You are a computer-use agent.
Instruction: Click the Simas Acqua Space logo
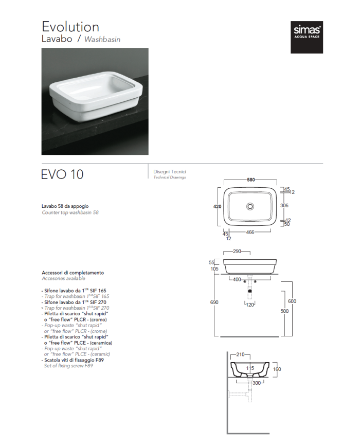307,37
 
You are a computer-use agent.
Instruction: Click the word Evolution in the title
70,27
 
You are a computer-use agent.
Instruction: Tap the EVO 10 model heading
62,174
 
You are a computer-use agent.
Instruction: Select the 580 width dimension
251,180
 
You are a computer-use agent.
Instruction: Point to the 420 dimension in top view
217,206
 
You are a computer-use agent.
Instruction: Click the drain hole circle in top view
250,206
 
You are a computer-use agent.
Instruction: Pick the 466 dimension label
250,232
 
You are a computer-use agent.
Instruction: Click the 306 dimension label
284,205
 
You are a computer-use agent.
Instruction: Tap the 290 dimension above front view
237,251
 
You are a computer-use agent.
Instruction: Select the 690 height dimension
214,302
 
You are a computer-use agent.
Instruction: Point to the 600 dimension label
292,301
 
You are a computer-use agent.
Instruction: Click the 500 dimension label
284,311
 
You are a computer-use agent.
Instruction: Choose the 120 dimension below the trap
250,305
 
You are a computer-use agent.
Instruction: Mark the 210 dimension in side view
240,354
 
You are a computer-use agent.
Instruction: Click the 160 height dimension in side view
277,369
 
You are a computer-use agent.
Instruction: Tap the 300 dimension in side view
257,383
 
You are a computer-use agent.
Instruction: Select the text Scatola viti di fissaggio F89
74,360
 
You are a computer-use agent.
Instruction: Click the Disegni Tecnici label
170,172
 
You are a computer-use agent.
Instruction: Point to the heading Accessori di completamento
73,273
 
